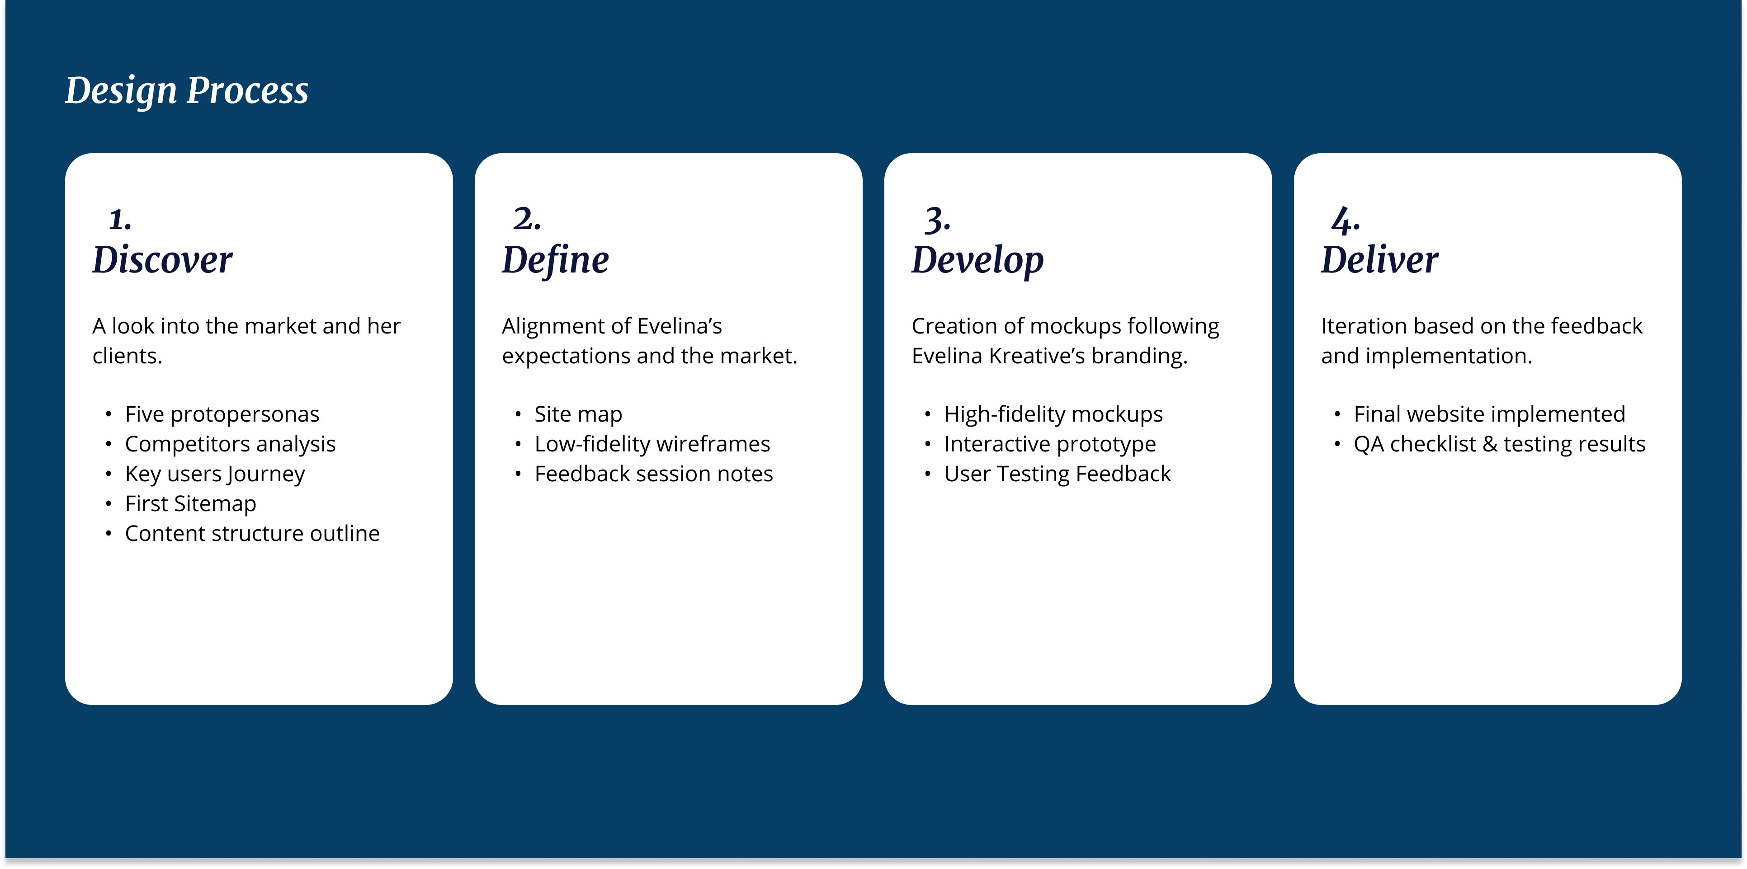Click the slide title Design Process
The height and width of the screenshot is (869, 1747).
click(x=186, y=91)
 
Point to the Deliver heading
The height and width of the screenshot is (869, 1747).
click(x=1379, y=259)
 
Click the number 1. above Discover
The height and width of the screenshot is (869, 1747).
click(x=120, y=219)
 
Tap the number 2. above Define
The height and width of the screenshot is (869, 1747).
click(x=527, y=219)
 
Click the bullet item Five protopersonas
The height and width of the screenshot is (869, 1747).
click(x=222, y=414)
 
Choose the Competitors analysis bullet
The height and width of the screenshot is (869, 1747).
click(x=230, y=444)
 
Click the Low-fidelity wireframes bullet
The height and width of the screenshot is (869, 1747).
click(x=652, y=444)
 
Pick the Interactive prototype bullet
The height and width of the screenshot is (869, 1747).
click(x=1050, y=444)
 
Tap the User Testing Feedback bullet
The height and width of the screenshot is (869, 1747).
click(x=1057, y=474)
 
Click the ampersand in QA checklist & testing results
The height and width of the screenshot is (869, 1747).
click(x=1490, y=444)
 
